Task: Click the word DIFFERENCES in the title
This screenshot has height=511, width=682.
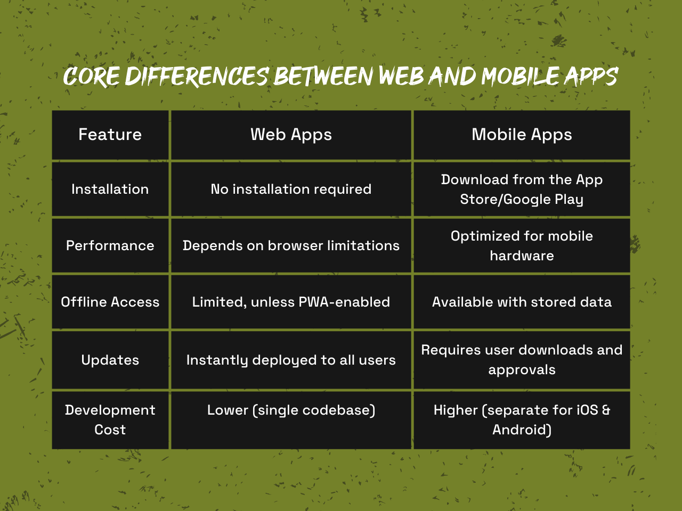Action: (197, 76)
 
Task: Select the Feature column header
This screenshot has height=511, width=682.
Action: (110, 134)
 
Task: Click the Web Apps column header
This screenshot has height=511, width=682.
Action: (291, 135)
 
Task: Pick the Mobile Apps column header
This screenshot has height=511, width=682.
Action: (522, 135)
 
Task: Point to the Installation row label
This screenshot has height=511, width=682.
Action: (110, 189)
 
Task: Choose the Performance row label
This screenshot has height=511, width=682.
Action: (110, 245)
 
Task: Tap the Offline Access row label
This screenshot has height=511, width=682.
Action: (110, 302)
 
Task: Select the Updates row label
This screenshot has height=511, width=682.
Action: (110, 360)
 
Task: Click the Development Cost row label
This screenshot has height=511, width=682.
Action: (110, 420)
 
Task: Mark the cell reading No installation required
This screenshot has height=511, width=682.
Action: (291, 189)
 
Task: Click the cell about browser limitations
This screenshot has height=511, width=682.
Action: (291, 246)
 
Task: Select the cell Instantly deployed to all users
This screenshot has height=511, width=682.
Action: (291, 360)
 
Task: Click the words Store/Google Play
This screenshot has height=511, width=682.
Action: (522, 200)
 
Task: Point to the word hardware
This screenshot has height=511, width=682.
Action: (522, 256)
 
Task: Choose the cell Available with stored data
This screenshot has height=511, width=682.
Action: (522, 302)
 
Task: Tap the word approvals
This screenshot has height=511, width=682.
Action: (522, 370)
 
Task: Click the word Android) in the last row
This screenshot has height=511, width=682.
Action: (522, 430)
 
